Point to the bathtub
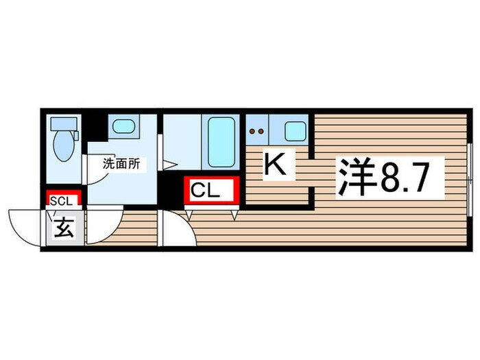221,141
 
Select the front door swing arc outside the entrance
26,227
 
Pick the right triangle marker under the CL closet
235,215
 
